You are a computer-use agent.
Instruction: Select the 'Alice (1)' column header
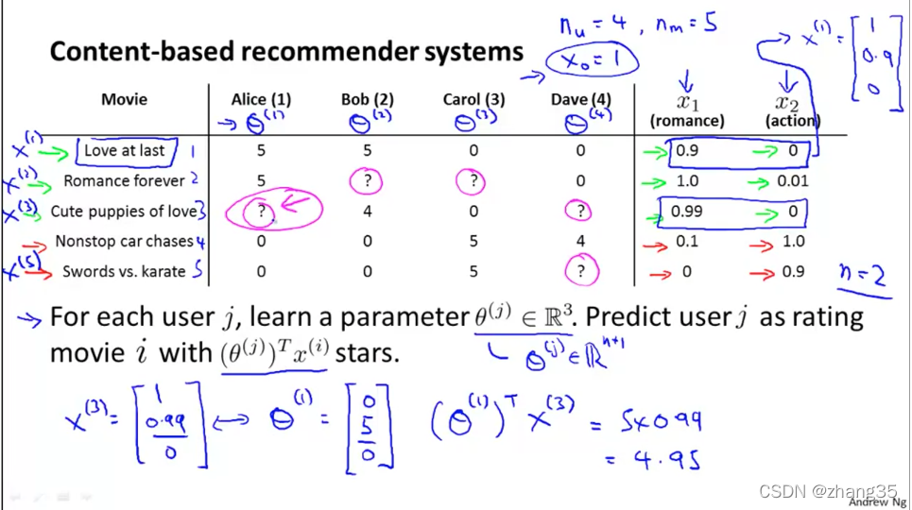click(x=261, y=99)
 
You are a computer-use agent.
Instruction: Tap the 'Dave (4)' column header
click(x=580, y=99)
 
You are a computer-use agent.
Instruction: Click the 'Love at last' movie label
click(x=124, y=150)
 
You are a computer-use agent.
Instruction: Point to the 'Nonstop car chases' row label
click(x=124, y=242)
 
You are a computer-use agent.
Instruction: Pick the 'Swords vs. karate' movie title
click(x=124, y=272)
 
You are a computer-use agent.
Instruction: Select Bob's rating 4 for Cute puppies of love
click(x=368, y=212)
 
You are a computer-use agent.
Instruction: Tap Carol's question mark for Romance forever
click(x=473, y=181)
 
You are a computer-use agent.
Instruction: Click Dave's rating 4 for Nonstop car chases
click(x=580, y=242)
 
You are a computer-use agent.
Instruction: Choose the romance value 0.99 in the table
click(x=687, y=212)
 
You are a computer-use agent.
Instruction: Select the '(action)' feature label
click(x=793, y=121)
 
